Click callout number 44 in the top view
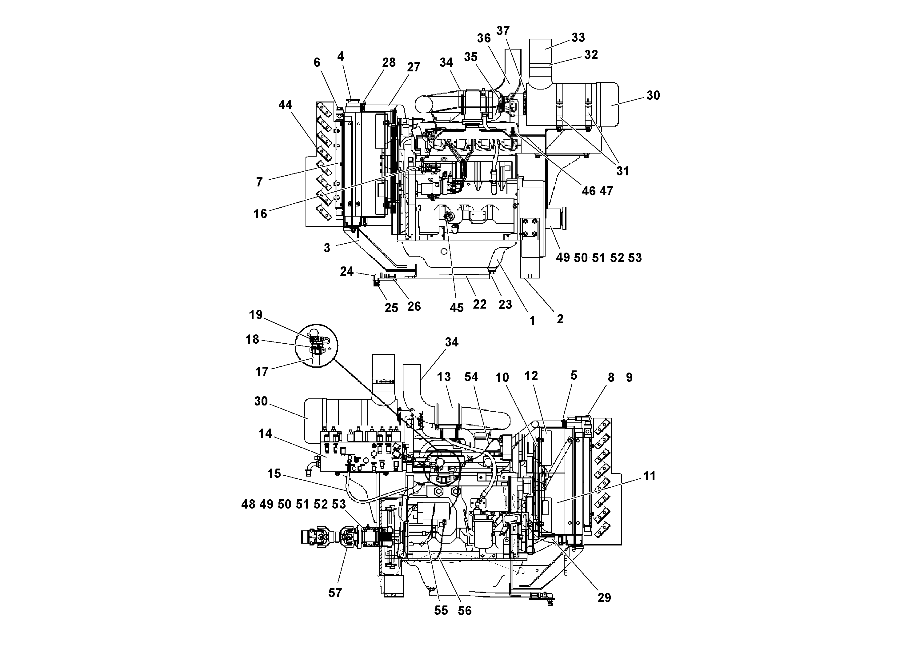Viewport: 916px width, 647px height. [x=285, y=105]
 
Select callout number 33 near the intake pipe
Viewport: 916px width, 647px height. [x=578, y=38]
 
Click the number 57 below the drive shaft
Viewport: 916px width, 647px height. [x=335, y=593]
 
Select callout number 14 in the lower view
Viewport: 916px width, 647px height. [x=265, y=433]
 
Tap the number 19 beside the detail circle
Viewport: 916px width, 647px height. [x=256, y=315]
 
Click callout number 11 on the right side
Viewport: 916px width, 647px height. [x=650, y=476]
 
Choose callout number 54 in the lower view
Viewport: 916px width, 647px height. [x=471, y=377]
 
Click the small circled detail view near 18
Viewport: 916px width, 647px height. [x=316, y=345]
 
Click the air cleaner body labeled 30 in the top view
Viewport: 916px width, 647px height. [x=574, y=106]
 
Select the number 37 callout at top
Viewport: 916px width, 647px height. [x=503, y=31]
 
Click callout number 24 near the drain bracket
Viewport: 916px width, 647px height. [x=347, y=272]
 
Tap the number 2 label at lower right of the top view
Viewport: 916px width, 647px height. [x=560, y=319]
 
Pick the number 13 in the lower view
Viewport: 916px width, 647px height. [x=444, y=377]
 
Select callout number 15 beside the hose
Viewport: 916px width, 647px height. [x=274, y=473]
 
